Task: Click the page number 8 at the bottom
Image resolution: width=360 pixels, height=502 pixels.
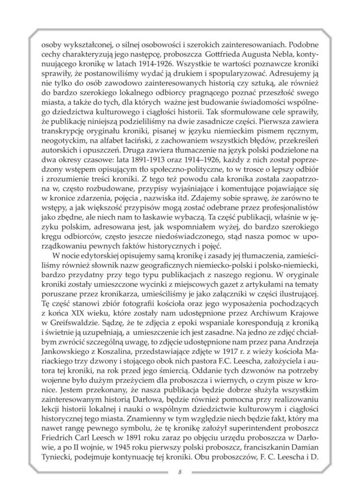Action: pyautogui.click(x=180, y=472)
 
